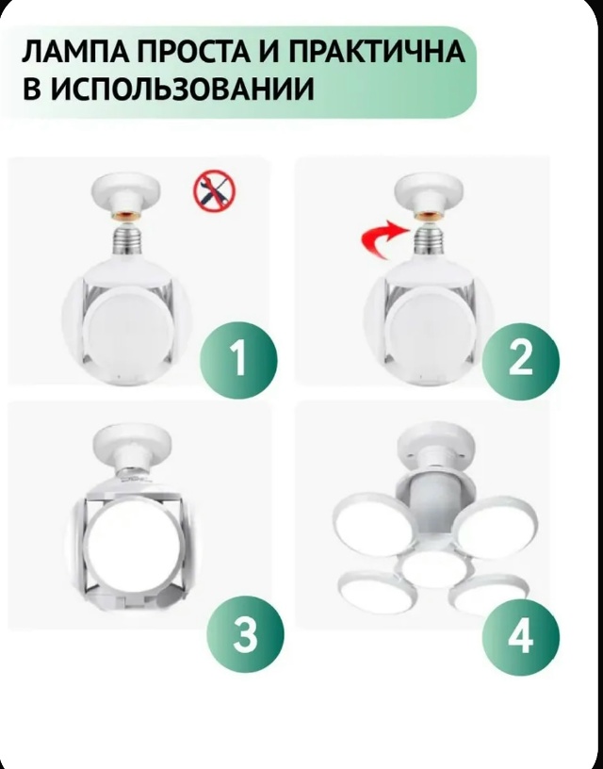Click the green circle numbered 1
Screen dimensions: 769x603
click(237, 358)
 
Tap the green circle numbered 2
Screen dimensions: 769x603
click(520, 358)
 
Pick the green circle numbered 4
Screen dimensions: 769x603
click(520, 637)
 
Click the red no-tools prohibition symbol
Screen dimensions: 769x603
click(214, 192)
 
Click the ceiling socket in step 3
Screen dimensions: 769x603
click(132, 443)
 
